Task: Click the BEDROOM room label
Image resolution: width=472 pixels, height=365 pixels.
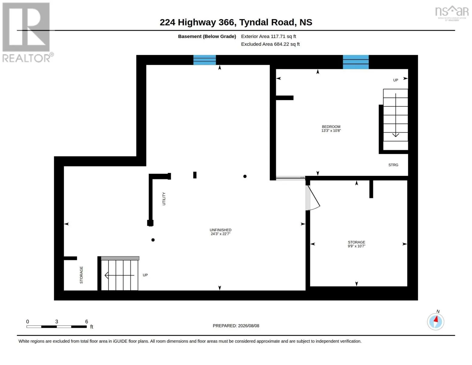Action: tap(331, 127)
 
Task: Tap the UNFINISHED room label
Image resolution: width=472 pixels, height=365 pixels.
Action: tap(220, 230)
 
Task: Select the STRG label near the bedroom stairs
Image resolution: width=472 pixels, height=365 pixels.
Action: tap(393, 165)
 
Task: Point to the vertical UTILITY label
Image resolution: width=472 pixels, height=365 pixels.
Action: tap(164, 199)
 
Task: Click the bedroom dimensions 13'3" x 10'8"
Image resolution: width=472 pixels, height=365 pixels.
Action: tap(331, 130)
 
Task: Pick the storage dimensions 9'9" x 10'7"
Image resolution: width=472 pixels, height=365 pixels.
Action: tap(356, 246)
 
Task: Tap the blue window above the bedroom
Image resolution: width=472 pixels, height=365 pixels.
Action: tap(356, 62)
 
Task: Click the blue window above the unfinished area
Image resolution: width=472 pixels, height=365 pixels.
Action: tap(205, 60)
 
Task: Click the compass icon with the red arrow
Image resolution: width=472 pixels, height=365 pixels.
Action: tap(435, 322)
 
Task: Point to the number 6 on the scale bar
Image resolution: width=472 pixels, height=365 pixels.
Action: tap(86, 321)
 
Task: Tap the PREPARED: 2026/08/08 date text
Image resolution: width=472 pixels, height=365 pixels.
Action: tap(236, 326)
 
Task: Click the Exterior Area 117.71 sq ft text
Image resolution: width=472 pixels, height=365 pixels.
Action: tap(268, 36)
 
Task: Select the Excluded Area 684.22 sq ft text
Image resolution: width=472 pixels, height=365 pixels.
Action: tap(270, 44)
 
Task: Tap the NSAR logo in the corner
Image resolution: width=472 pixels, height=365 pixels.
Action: tap(452, 13)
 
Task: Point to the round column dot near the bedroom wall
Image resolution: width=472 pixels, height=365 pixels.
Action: tap(245, 176)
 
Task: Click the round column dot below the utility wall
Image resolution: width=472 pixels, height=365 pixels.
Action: tap(153, 240)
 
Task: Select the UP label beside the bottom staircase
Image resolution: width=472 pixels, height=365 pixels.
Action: tap(145, 275)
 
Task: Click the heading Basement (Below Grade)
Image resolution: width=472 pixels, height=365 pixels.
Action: tap(207, 36)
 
